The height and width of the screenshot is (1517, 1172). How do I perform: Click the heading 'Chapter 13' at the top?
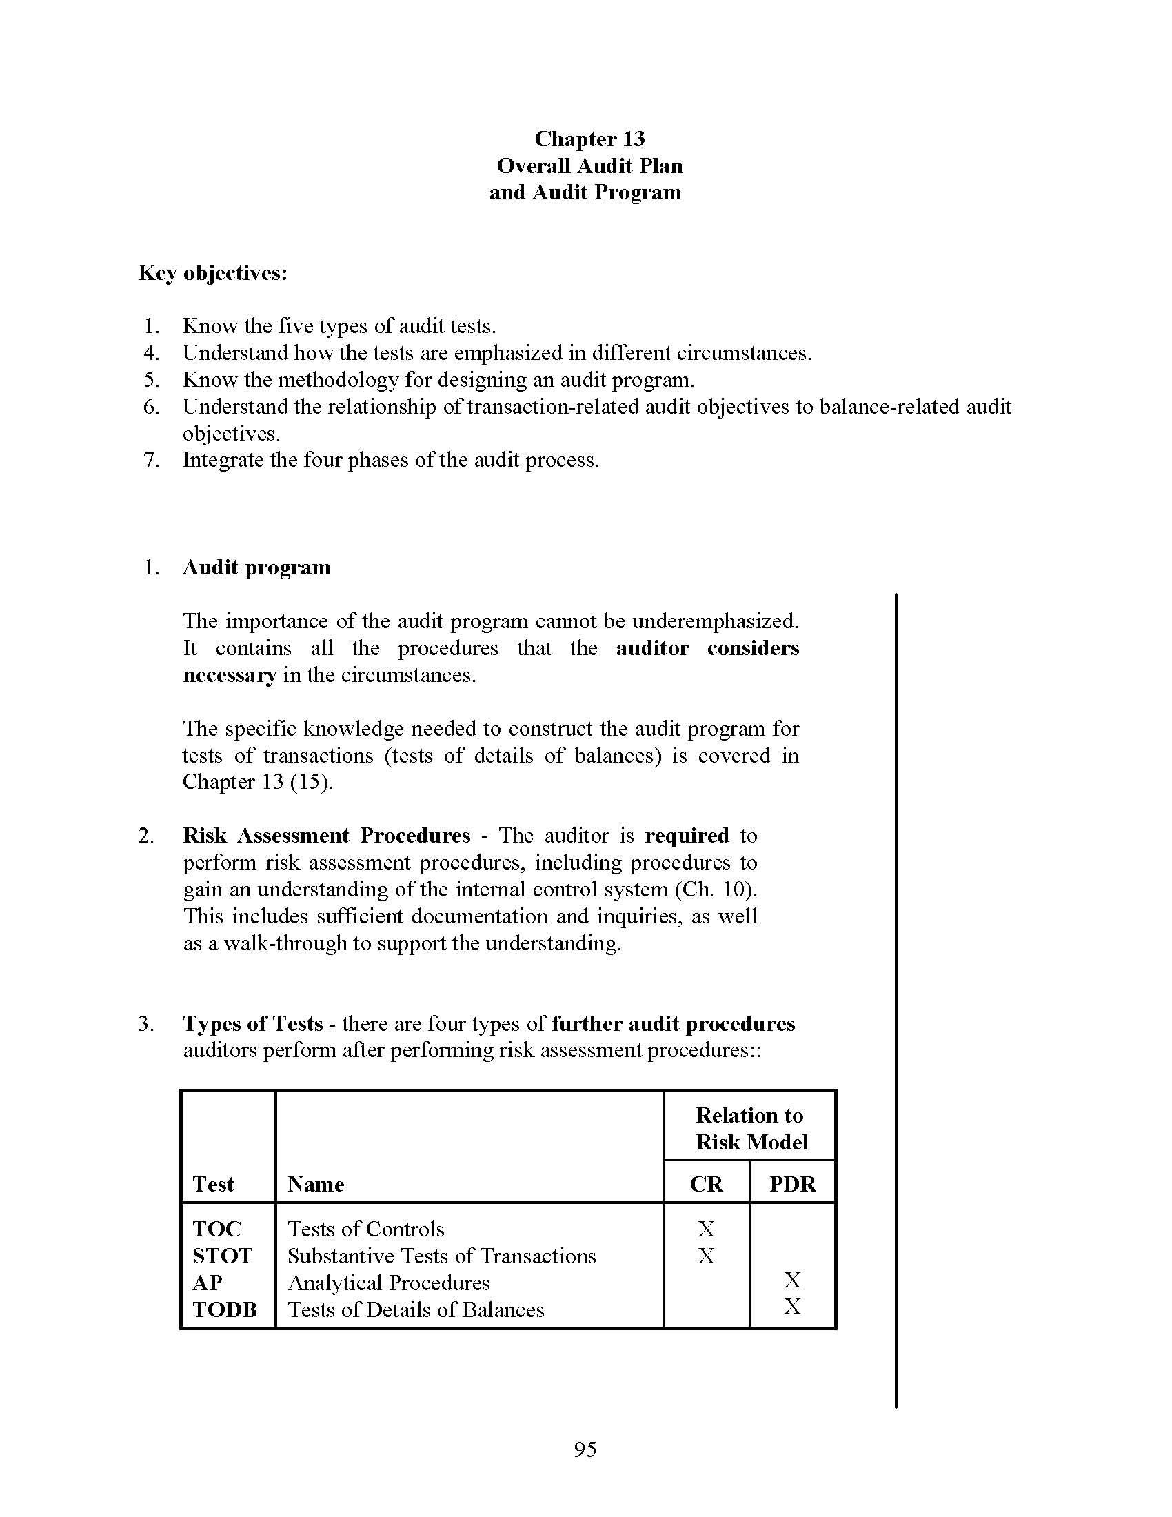[x=589, y=139]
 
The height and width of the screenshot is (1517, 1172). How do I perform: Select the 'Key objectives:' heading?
[x=212, y=273]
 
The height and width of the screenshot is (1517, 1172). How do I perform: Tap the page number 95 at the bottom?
[x=585, y=1449]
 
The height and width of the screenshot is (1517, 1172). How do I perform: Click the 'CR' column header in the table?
[x=706, y=1183]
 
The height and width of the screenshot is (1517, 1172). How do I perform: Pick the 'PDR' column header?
[x=792, y=1183]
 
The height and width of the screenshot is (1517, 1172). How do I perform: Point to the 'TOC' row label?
[x=216, y=1229]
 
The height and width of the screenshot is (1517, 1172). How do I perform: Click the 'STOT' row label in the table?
[x=222, y=1256]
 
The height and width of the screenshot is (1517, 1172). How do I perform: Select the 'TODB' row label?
[x=224, y=1310]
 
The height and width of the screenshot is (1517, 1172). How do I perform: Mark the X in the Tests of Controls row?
[x=706, y=1229]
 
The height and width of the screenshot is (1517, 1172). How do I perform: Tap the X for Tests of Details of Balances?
[x=792, y=1307]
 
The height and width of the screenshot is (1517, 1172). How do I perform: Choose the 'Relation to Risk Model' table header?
[x=750, y=1129]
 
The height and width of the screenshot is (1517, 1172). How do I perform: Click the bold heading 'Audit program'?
[x=256, y=567]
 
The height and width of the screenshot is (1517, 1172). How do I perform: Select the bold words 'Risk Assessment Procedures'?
[x=326, y=836]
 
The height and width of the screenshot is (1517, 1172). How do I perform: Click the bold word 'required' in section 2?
[x=686, y=836]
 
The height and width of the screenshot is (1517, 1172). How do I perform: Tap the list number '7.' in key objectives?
[x=152, y=460]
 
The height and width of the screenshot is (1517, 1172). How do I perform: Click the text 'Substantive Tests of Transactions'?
[x=442, y=1256]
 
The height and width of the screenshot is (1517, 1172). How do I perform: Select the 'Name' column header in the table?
[x=316, y=1183]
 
